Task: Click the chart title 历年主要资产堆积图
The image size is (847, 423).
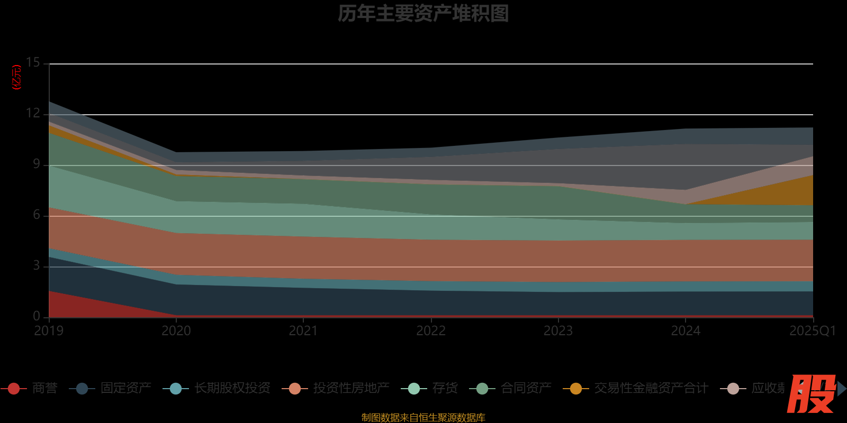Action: point(423,14)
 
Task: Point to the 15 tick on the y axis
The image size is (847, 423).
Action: point(33,63)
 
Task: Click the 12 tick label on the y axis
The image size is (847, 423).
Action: point(33,114)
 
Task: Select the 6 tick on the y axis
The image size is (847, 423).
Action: point(36,215)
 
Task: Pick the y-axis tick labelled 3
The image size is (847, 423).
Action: point(36,266)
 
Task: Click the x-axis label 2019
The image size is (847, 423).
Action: point(49,331)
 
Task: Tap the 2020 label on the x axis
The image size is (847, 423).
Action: point(176,331)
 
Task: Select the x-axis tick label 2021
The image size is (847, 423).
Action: point(303,331)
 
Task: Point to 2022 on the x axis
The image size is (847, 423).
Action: point(431,331)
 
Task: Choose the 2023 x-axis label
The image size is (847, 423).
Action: point(558,331)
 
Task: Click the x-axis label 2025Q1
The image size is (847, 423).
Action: point(812,331)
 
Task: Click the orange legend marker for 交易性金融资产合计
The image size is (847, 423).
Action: point(575,389)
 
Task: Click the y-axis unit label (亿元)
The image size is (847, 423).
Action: point(17,78)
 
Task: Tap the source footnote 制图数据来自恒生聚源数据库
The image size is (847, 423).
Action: point(423,418)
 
